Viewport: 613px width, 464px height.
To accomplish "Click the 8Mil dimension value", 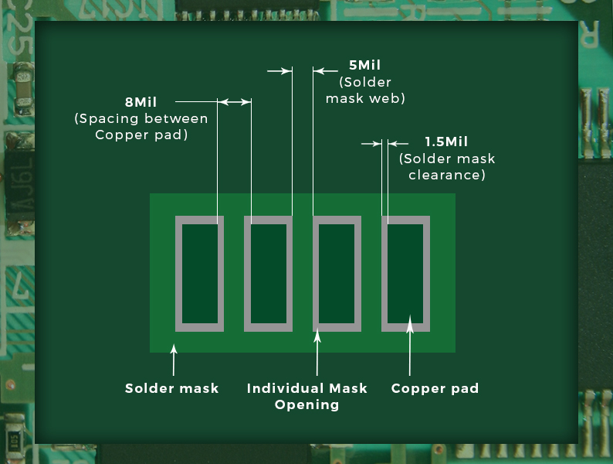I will pos(141,102).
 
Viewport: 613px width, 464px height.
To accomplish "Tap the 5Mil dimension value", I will pos(364,66).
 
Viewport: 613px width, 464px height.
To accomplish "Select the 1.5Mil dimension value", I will pos(446,142).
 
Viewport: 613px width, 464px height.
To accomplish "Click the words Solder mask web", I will pos(365,90).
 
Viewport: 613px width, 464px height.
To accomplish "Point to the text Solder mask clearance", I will pos(447,167).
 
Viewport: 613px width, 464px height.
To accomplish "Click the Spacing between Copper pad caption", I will pos(141,127).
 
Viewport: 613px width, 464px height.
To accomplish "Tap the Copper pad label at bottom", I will pos(435,388).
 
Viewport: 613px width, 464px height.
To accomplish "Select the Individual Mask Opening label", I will pos(307,396).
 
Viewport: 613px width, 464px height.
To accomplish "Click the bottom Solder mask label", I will pos(172,388).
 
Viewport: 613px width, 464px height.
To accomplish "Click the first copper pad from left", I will pos(200,273).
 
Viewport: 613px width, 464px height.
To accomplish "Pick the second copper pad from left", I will pos(268,273).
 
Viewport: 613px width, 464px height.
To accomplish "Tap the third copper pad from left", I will pos(337,273).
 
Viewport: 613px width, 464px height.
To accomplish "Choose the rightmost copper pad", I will pos(405,273).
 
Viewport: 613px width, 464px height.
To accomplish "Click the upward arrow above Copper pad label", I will pos(410,343).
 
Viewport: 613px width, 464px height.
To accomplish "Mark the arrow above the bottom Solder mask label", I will pos(174,359).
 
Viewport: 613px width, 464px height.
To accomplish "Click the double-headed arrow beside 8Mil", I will pos(234,102).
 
